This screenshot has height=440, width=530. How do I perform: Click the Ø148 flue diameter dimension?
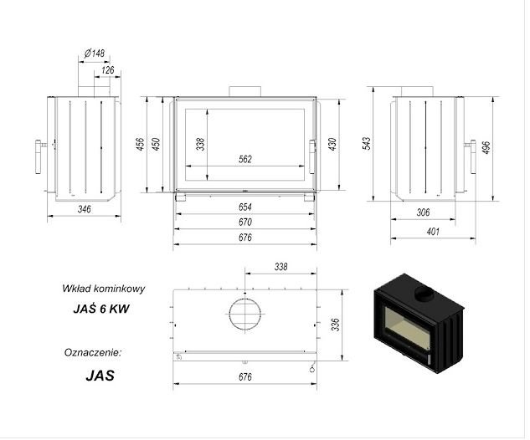pos(95,53)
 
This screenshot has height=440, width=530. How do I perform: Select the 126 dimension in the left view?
pos(108,70)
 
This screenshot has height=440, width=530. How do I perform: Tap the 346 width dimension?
pos(85,209)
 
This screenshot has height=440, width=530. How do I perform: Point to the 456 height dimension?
pos(141,144)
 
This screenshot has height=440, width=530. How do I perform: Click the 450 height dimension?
pos(156,144)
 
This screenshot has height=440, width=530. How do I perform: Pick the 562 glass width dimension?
pos(245,159)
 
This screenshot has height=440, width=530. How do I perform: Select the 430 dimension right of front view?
pos(332,144)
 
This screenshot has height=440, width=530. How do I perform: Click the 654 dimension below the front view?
pos(245,207)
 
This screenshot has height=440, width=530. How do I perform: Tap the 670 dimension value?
pos(245,222)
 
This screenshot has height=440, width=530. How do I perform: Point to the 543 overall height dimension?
pos(367,143)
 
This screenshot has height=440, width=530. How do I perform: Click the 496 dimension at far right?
pos(486,147)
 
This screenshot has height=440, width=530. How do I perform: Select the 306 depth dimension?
pos(423,212)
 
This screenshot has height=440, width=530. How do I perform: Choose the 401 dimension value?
pos(433,232)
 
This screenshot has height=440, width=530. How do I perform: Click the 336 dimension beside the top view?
pos(335,325)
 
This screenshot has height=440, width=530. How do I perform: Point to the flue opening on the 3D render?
pos(425,294)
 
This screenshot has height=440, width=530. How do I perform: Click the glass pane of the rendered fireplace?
pos(407,327)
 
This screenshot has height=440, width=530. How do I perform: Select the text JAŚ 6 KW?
pos(101,309)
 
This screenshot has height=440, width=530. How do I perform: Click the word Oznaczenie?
pos(93,352)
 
